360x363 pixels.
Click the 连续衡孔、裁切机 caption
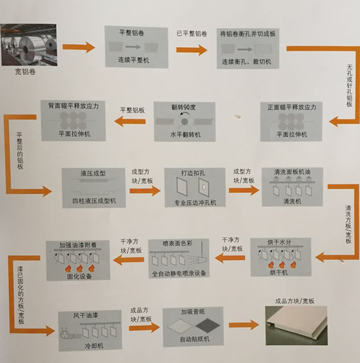click(x=251, y=62)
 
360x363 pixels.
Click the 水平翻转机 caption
click(x=186, y=135)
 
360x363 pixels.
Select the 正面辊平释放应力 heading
click(x=292, y=106)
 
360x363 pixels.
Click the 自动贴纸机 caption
click(x=193, y=340)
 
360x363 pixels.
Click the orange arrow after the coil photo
click(x=79, y=48)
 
